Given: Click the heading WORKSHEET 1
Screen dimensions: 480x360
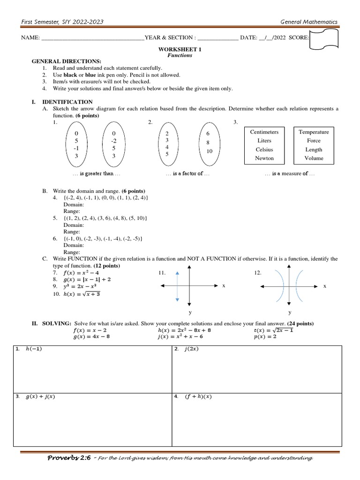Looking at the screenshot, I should (180, 49).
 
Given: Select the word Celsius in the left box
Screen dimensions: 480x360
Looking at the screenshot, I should (264, 150).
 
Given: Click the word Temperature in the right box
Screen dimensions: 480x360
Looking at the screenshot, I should (314, 132).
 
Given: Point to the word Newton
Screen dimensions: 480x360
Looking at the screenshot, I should (264, 158).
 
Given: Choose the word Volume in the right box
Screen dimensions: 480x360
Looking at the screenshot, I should (314, 158).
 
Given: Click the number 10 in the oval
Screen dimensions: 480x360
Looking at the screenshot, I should (209, 151).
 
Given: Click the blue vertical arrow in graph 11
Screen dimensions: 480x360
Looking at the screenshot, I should (177, 286).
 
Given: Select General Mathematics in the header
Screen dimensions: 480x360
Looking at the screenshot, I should (308, 22).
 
